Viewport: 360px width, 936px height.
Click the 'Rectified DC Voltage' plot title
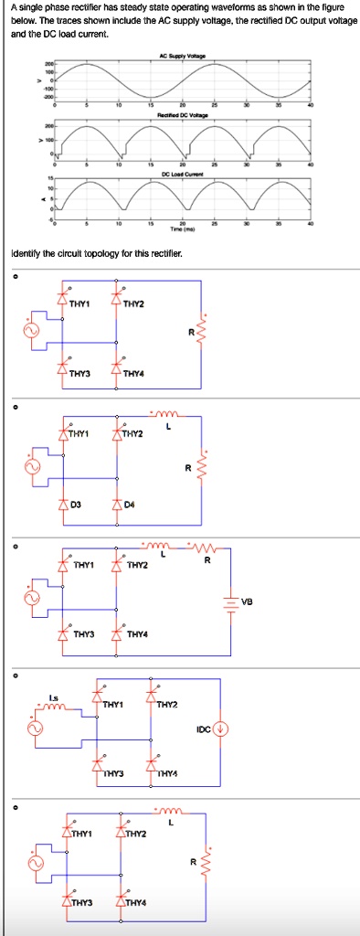[183, 116]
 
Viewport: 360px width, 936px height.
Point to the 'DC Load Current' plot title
[183, 172]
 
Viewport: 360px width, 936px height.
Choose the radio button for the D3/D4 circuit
[13, 404]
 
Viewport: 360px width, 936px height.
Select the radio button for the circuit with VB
[13, 547]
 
